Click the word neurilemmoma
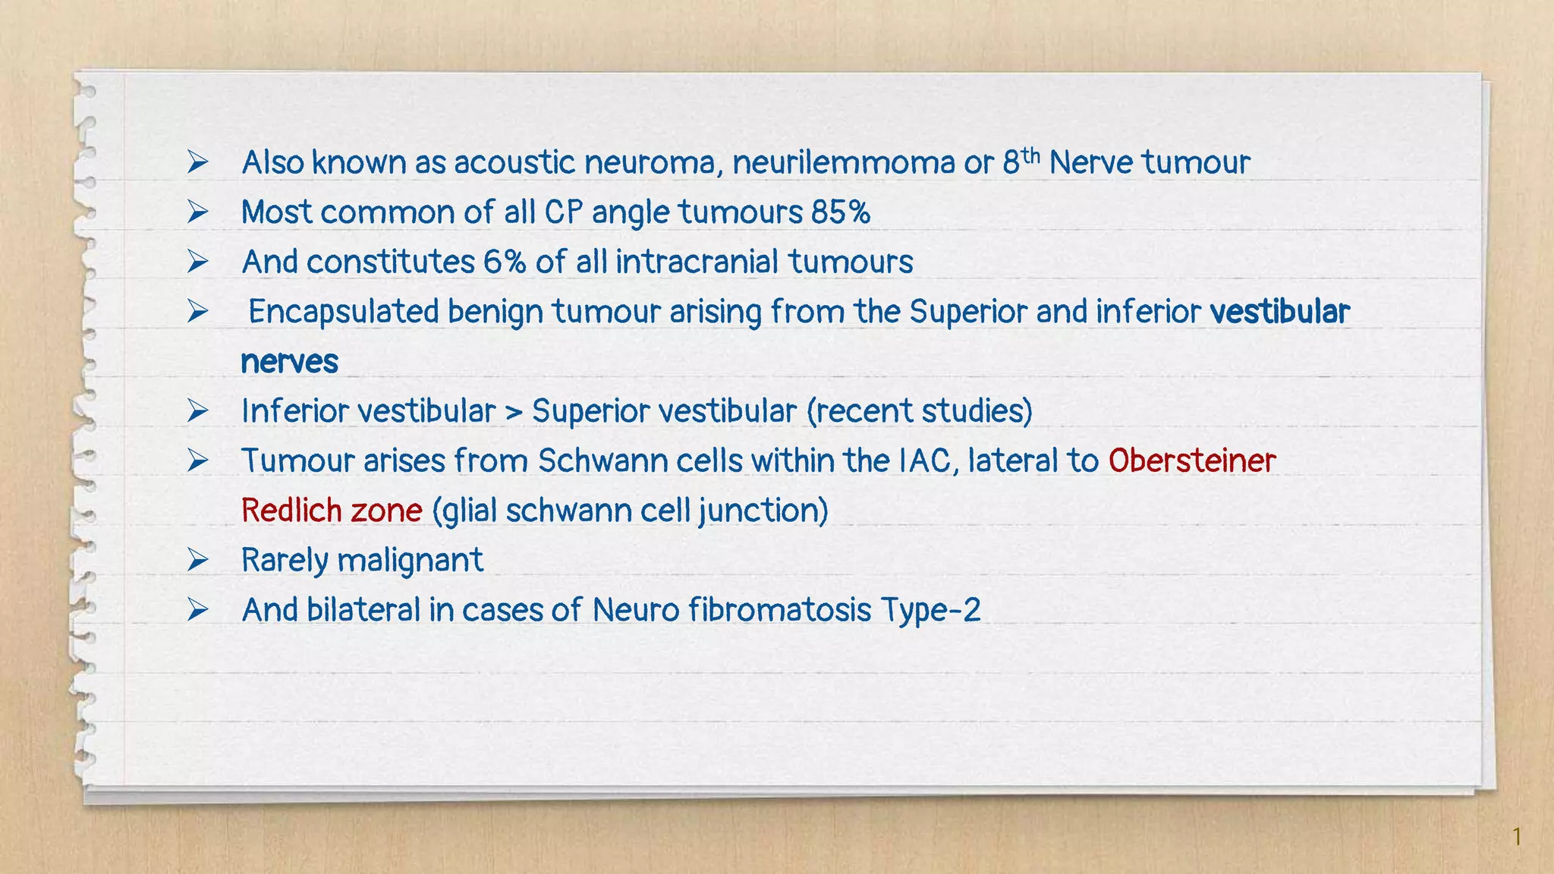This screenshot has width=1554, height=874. (843, 162)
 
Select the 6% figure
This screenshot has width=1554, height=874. (504, 263)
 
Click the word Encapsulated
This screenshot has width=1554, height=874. (344, 313)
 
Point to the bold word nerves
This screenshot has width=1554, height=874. (289, 362)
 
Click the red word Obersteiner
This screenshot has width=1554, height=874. (1192, 461)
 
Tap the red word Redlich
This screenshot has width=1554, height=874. (289, 511)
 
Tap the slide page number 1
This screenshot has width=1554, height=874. (1517, 837)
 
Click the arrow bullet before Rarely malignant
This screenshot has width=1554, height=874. (198, 561)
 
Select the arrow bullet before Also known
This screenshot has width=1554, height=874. (198, 162)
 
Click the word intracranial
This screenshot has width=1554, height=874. (697, 263)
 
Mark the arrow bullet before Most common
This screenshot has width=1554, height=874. (198, 212)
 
